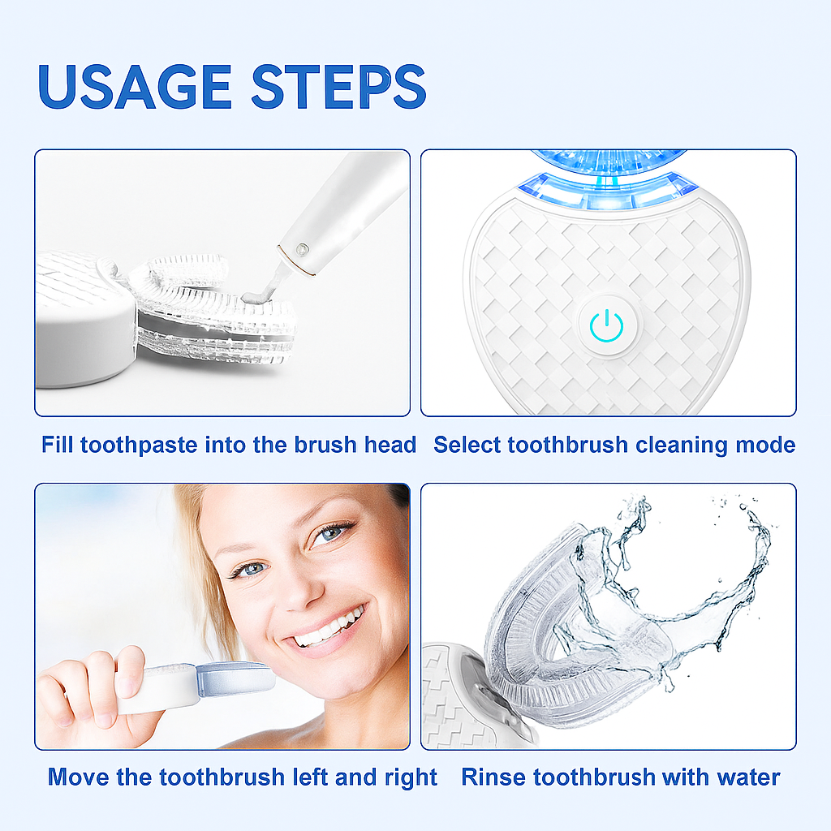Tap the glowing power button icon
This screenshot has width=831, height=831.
(606, 325)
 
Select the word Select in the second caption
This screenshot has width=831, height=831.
(467, 445)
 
